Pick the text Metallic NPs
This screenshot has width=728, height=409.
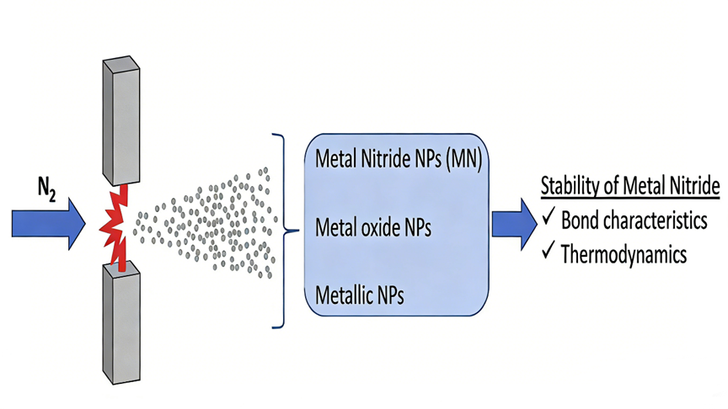pos(358,295)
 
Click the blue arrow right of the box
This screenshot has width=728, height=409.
pos(514,223)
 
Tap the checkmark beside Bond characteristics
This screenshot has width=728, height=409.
pos(548,220)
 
